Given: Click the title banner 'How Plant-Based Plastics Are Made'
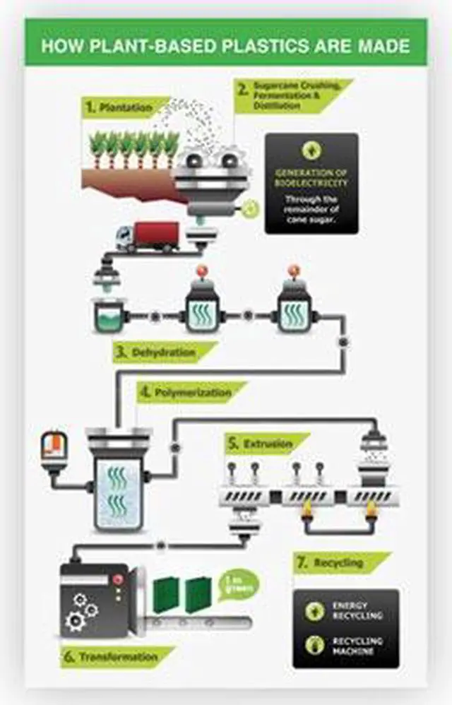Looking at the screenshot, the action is pos(225,46).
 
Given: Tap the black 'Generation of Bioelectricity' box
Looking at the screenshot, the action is pos(311,184).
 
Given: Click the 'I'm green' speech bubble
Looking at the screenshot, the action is pos(239,585).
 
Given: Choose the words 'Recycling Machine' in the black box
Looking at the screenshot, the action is pos(357,645).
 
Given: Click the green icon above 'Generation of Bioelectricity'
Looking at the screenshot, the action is pos(311,150).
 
